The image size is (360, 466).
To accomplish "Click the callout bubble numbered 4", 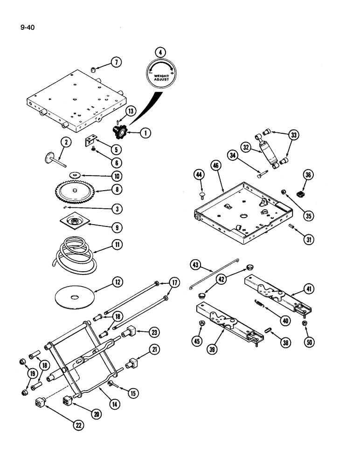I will [161, 53].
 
